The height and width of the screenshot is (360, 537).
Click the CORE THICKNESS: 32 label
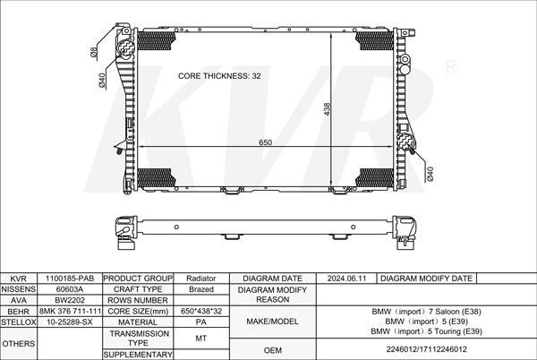pyautogui.click(x=219, y=76)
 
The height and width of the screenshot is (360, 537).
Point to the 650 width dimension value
pyautogui.click(x=266, y=142)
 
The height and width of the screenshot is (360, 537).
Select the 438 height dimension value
pyautogui.click(x=327, y=109)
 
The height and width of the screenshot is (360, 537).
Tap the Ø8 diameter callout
pyautogui.click(x=94, y=52)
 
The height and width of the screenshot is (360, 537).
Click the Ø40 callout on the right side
pyautogui.click(x=430, y=174)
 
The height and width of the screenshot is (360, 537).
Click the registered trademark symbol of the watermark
pyautogui.click(x=451, y=67)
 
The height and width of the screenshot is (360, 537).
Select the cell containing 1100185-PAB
pyautogui.click(x=70, y=279)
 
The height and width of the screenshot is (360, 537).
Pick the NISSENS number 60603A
pyautogui.click(x=70, y=289)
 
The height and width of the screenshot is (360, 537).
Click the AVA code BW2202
pyautogui.click(x=70, y=300)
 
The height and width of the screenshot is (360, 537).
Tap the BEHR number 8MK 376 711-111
pyautogui.click(x=70, y=311)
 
